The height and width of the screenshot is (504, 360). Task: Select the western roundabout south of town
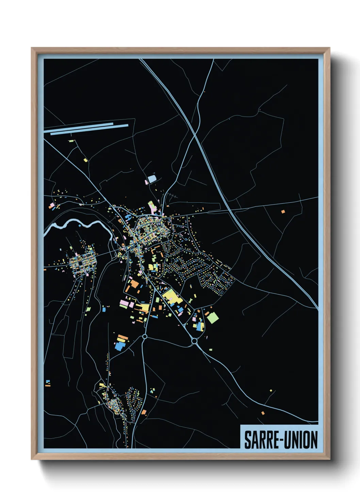coord(145,336)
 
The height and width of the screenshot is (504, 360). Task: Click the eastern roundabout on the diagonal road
coord(194,341)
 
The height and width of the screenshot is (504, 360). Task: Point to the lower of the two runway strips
coord(89,129)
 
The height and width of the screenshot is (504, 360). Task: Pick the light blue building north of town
coord(152,179)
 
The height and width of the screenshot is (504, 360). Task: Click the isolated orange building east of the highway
coord(283,211)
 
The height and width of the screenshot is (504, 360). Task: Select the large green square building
coord(213,318)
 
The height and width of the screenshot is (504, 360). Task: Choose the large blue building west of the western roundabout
coord(120,346)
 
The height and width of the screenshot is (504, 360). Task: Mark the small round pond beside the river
coord(80,225)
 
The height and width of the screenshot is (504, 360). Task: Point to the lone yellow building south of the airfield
coord(85,159)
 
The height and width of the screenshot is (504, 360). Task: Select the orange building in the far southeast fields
coord(263,413)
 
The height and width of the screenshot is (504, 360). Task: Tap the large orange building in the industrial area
coord(134,284)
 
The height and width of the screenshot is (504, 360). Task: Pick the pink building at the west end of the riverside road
coord(52,206)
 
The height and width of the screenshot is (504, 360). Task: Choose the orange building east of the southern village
coord(144,412)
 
